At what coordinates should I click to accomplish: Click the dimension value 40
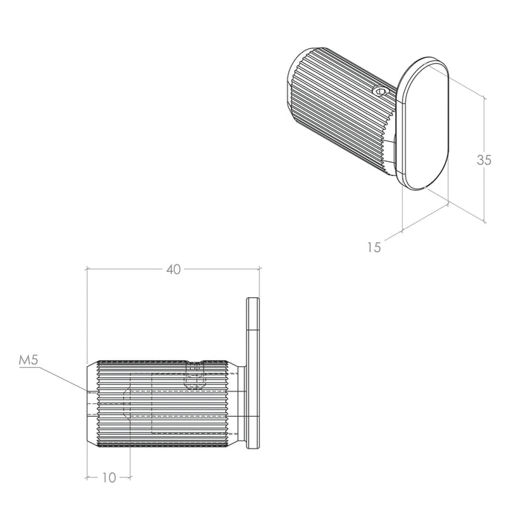[173, 269]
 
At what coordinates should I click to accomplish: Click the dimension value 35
[484, 160]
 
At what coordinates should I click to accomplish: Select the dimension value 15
[374, 247]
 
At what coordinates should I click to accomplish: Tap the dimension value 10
[108, 478]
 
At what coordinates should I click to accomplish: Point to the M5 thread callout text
[29, 360]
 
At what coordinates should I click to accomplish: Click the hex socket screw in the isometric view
[380, 91]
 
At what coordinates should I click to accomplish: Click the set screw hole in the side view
[195, 375]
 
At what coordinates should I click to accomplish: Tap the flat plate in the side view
[253, 374]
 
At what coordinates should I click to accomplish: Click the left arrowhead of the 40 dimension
[88, 269]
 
